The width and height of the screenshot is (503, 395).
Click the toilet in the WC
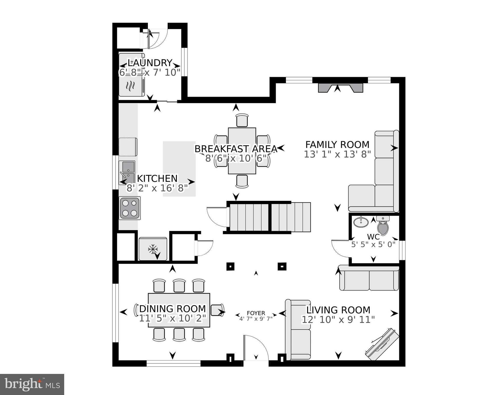tap(383, 226)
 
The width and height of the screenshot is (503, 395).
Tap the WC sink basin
tap(361, 222)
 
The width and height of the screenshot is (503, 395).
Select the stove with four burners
tap(130, 208)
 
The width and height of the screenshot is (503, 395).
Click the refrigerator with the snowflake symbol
tap(153, 249)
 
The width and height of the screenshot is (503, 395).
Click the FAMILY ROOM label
tap(337, 145)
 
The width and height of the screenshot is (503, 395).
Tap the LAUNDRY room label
tap(150, 63)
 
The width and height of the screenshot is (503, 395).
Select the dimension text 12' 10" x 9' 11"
tap(338, 320)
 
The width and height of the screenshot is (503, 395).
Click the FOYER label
tap(256, 313)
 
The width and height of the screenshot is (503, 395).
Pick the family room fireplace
tap(340, 88)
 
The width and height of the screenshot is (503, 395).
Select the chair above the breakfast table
tap(242, 120)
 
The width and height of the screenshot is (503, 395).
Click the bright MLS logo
tap(32, 384)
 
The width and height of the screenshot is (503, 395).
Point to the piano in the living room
tap(382, 344)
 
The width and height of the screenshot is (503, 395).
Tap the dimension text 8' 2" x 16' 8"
tap(157, 188)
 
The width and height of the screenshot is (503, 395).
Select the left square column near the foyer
tap(230, 266)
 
